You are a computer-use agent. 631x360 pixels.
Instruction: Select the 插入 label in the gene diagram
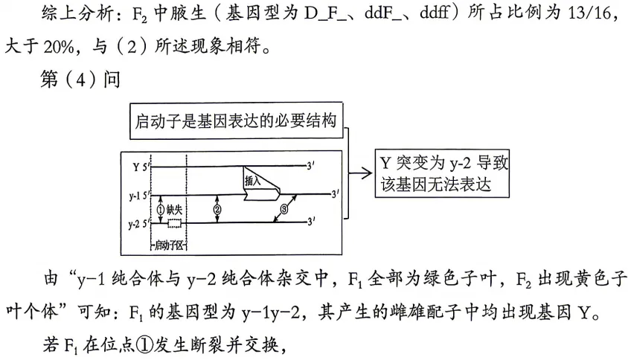(x=253, y=180)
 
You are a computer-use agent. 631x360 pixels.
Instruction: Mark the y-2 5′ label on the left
(x=138, y=222)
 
